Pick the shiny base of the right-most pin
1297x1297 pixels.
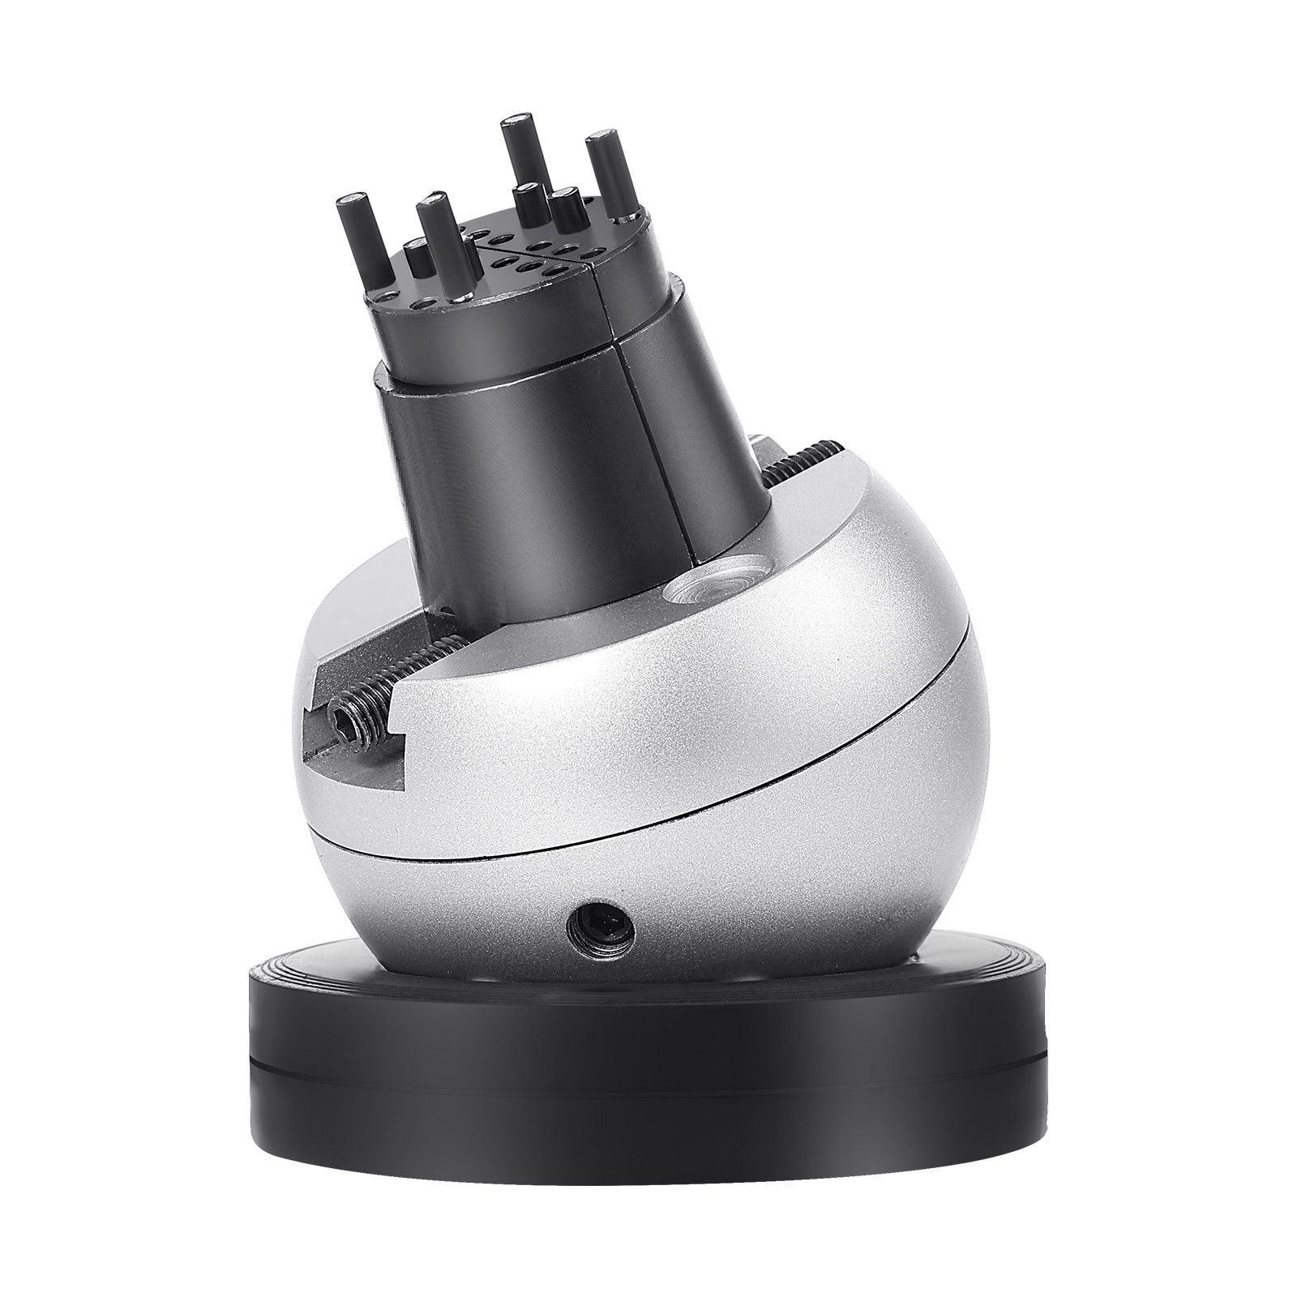pos(628,216)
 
